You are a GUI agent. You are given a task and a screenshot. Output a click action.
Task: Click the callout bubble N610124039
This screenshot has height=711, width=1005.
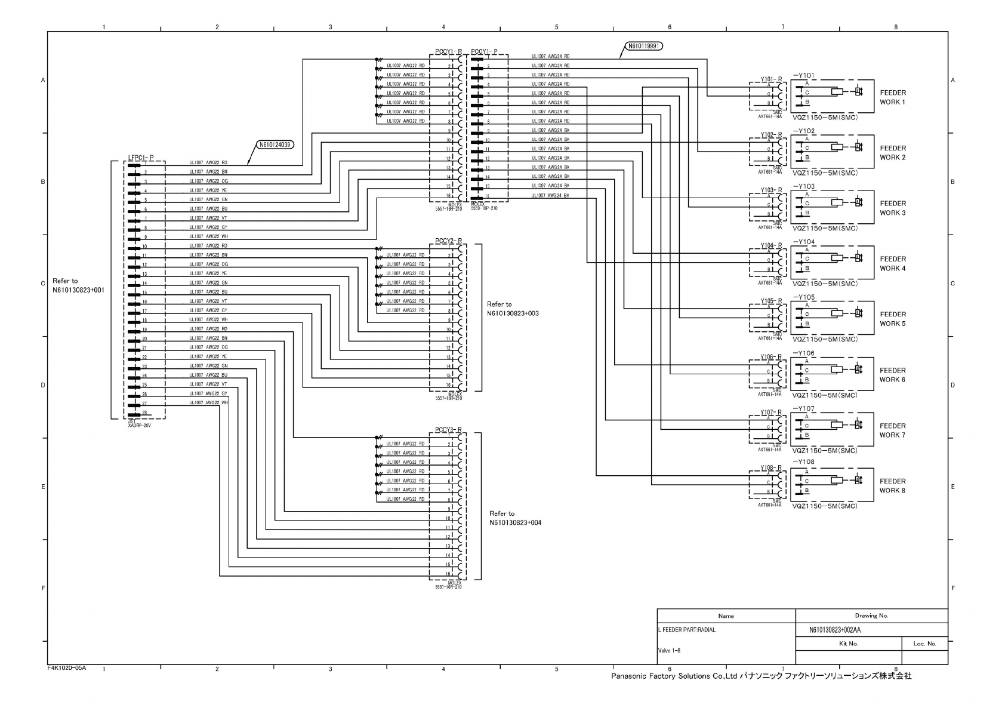pos(276,144)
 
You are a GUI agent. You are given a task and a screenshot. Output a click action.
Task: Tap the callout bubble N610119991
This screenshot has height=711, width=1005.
pos(644,45)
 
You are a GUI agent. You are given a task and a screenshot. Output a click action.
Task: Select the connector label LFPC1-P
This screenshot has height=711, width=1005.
pos(140,158)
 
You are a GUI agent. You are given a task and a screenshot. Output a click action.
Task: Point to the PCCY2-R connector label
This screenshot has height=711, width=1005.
pos(448,241)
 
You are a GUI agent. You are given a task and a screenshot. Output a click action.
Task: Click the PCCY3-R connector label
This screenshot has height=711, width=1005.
pos(448,430)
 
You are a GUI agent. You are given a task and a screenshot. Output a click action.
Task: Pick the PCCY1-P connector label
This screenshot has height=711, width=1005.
pos(484,52)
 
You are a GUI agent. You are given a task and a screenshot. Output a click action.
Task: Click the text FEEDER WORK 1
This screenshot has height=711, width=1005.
pos(892,97)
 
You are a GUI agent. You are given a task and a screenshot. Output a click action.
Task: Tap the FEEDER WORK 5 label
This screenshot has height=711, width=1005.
pos(892,319)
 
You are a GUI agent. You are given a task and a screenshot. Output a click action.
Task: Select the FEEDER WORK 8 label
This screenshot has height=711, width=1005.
pos(892,486)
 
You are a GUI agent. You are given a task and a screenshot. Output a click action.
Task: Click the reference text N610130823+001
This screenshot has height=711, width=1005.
pos(78,290)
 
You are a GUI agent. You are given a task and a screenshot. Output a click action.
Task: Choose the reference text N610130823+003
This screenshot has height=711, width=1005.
pos(513,313)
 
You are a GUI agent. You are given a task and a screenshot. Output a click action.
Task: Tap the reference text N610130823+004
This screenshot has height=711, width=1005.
pos(515,523)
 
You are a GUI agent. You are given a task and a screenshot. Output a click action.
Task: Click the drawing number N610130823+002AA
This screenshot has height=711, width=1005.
pos(834,630)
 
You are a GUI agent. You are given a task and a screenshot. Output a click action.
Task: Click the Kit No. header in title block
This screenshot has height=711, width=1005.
pos(848,644)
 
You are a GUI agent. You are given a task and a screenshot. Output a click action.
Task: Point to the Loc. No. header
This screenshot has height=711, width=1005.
pos(924,644)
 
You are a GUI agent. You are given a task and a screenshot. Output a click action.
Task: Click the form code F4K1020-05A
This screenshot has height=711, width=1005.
pos(67,667)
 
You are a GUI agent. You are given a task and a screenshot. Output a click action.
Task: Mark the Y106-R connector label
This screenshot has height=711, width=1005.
pos(770,357)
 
